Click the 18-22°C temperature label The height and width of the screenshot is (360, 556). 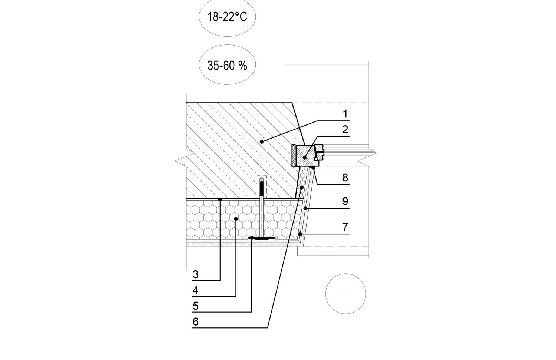227,17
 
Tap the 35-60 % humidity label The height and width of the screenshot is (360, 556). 227,66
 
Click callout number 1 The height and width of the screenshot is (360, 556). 345,114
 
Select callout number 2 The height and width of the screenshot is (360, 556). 345,130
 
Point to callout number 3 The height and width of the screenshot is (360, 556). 195,275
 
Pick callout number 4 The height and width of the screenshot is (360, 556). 195,291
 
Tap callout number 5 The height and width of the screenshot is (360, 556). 195,306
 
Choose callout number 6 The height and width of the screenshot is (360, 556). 195,322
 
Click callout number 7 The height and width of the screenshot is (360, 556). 345,227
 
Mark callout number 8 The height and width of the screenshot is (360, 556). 345,178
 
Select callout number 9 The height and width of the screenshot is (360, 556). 345,201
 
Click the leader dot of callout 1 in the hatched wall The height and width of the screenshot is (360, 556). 262,141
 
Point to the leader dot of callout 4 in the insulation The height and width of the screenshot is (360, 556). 236,219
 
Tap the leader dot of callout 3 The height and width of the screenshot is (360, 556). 220,200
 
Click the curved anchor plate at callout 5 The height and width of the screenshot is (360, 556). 262,238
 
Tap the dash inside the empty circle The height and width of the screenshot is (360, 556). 345,294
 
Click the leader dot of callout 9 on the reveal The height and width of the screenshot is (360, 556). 305,209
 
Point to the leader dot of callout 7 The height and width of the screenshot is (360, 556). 299,234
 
